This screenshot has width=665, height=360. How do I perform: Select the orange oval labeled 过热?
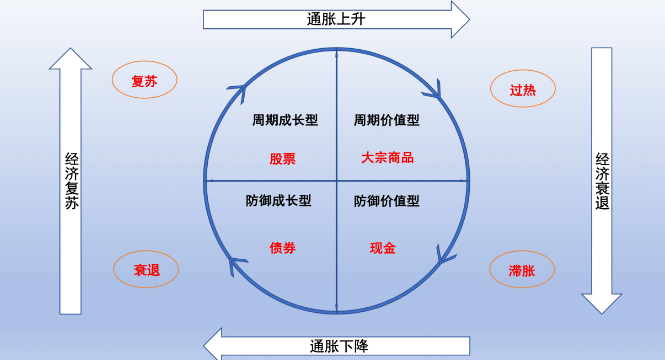pyautogui.click(x=522, y=89)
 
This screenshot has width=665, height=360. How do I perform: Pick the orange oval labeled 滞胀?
pyautogui.click(x=522, y=269)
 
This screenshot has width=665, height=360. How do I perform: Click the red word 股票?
pyautogui.click(x=282, y=158)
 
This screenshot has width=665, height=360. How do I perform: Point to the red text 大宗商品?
pyautogui.click(x=388, y=158)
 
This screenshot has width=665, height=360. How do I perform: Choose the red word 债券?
pyautogui.click(x=282, y=248)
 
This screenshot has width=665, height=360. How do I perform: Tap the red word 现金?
pyautogui.click(x=383, y=248)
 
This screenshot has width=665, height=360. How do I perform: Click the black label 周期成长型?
pyautogui.click(x=284, y=120)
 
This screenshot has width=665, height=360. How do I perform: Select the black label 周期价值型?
pyautogui.click(x=386, y=120)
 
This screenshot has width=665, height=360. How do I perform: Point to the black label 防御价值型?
pyautogui.click(x=386, y=201)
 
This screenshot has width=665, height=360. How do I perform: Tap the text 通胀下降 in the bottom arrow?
pyautogui.click(x=339, y=346)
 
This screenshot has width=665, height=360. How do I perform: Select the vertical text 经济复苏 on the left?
pyautogui.click(x=71, y=179)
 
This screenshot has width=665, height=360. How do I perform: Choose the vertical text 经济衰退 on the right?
pyautogui.click(x=602, y=180)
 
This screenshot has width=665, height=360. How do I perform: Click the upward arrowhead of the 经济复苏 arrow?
pyautogui.click(x=71, y=52)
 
